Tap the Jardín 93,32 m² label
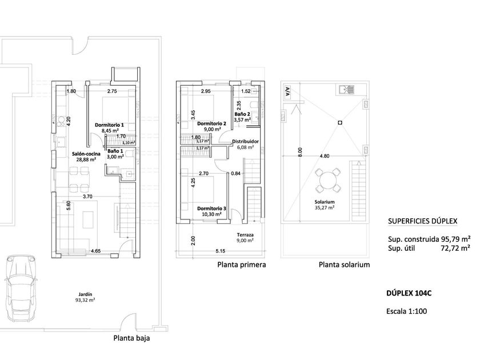point(85,297)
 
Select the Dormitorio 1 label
point(109,125)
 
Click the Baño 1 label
point(115,151)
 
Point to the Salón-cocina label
point(86,154)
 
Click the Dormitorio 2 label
point(211,123)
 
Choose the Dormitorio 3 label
point(211,209)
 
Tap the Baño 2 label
point(242,114)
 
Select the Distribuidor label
point(245,142)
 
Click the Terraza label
point(245,235)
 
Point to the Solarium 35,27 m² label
point(325,205)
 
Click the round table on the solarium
point(328,181)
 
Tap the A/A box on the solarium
point(287,91)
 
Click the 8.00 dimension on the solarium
point(301,152)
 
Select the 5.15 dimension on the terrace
point(220,251)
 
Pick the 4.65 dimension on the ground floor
point(95,251)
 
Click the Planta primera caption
point(242,265)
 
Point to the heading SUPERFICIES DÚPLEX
point(422,221)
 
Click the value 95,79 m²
point(455,239)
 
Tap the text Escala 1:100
point(406,311)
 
